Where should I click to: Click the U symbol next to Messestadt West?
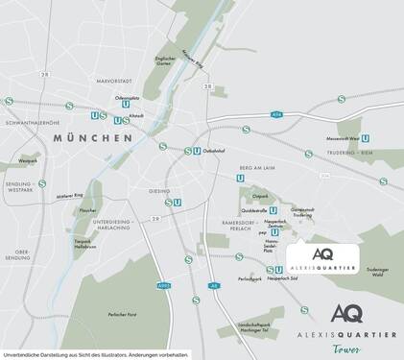click(x=367, y=137)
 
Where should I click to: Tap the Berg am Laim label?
click(x=257, y=166)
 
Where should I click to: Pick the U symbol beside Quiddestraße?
click(x=274, y=210)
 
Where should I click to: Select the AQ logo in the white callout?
click(x=323, y=254)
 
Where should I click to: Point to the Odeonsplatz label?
click(x=128, y=97)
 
